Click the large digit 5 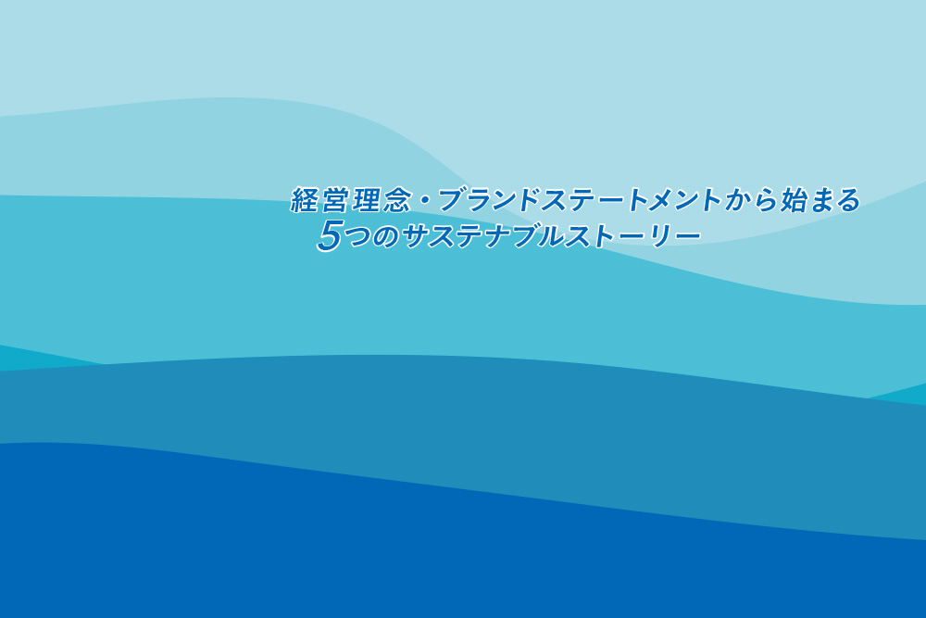(x=331, y=235)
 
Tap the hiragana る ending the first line (x=848, y=200)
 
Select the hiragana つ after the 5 (x=358, y=237)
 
